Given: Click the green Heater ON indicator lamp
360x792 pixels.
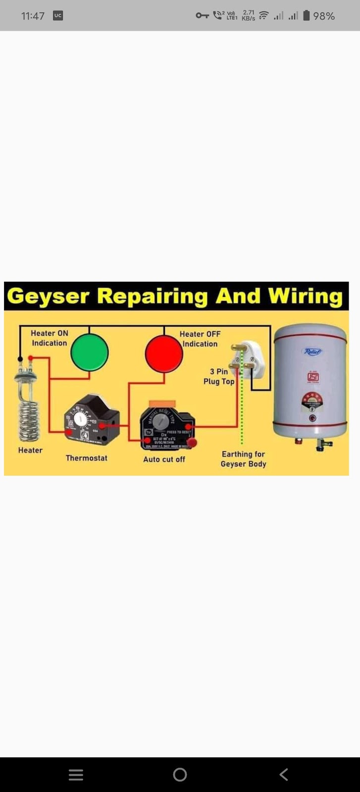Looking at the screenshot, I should point(90,352).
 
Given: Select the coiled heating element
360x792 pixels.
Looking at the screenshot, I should point(29,416).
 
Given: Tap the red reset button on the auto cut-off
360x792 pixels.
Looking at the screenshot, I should point(192,442).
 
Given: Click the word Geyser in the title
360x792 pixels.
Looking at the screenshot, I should point(48,296).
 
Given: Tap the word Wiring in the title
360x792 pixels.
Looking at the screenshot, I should point(305,296).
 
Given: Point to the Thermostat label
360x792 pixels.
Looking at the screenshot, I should point(87,458).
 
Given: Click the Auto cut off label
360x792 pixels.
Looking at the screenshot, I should point(164,459).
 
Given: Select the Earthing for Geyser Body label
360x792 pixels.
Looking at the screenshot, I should point(243,459).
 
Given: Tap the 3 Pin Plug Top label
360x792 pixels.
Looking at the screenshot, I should point(219,376).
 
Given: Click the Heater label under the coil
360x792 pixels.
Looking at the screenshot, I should point(30,450).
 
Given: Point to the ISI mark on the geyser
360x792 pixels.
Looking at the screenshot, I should point(313,377).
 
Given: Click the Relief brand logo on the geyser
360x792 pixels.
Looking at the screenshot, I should point(312,352).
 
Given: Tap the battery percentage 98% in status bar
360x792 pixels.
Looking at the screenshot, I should point(324,16).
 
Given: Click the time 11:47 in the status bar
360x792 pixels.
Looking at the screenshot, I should point(33,16).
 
